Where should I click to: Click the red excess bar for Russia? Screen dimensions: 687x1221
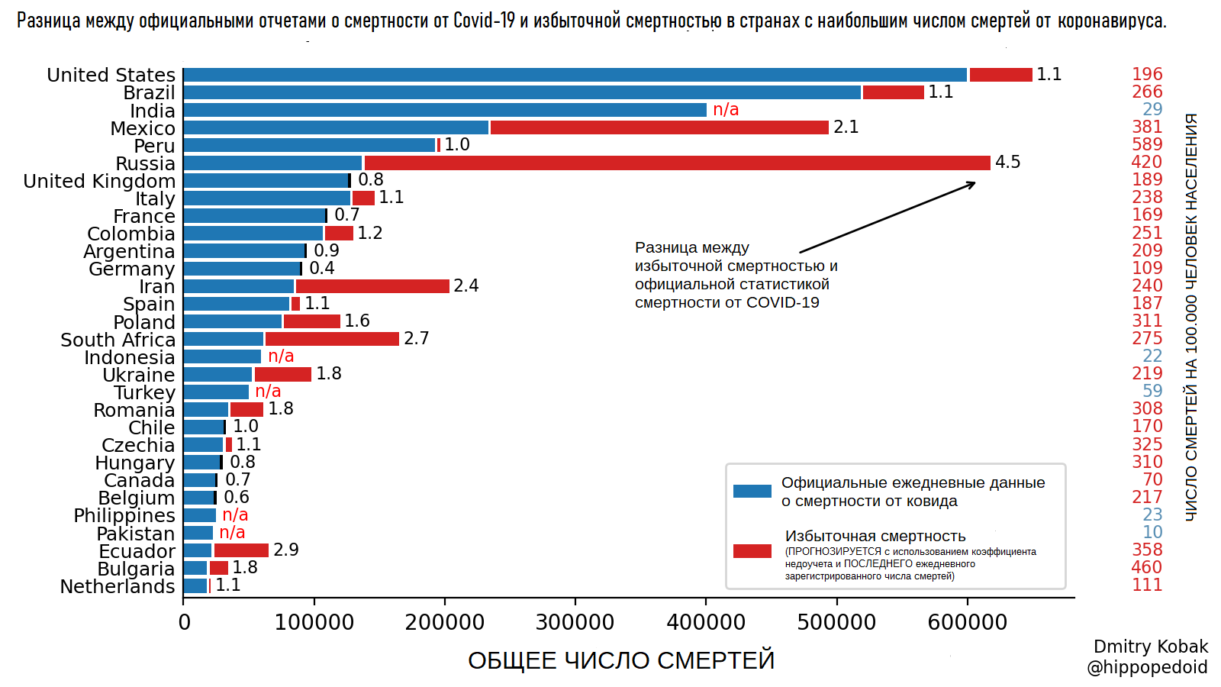pyautogui.click(x=677, y=163)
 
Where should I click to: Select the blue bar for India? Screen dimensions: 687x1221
pyautogui.click(x=445, y=110)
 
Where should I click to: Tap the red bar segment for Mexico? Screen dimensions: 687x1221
pyautogui.click(x=659, y=127)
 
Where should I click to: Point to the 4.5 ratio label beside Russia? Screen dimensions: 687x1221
pyautogui.click(x=1007, y=163)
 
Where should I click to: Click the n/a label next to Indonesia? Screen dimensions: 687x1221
pyautogui.click(x=281, y=356)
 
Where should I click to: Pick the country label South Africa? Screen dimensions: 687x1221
pyautogui.click(x=118, y=340)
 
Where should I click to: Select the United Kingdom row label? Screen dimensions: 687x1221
pyautogui.click(x=99, y=181)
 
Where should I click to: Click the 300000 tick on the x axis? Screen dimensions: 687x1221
pyautogui.click(x=575, y=623)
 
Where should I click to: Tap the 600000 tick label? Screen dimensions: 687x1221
pyautogui.click(x=967, y=623)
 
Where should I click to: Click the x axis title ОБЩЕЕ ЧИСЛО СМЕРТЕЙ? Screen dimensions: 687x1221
pyautogui.click(x=620, y=660)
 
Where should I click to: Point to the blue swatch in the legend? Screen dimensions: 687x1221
pyautogui.click(x=752, y=492)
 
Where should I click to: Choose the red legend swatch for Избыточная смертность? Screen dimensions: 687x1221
pyautogui.click(x=752, y=551)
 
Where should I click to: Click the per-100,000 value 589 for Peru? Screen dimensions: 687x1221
pyautogui.click(x=1147, y=145)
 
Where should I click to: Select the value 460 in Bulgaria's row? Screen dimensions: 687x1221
pyautogui.click(x=1147, y=568)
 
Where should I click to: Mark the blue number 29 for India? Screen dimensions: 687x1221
pyautogui.click(x=1152, y=110)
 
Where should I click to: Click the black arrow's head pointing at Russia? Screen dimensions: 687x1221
pyautogui.click(x=971, y=183)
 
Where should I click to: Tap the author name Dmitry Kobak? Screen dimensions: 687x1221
pyautogui.click(x=1151, y=647)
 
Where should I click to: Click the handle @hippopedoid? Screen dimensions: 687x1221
pyautogui.click(x=1147, y=668)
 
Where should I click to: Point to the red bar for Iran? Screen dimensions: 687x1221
pyautogui.click(x=372, y=286)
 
